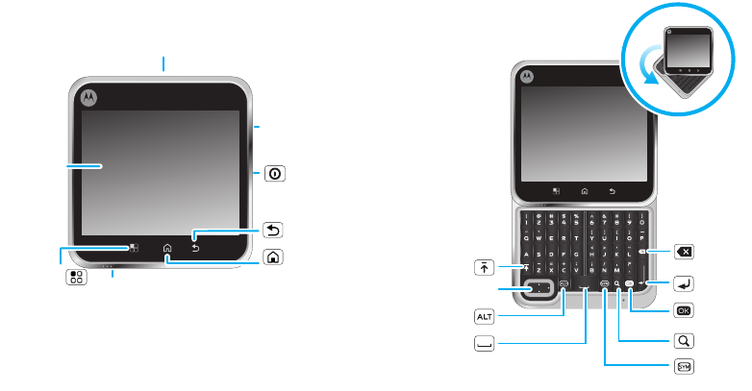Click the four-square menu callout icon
(x=76, y=278)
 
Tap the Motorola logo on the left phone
(x=89, y=96)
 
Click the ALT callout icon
(x=485, y=314)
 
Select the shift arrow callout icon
(x=485, y=265)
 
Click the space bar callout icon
(x=485, y=342)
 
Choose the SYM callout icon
(x=687, y=366)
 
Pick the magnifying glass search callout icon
(x=687, y=340)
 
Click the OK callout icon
(x=687, y=311)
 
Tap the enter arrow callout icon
(x=687, y=283)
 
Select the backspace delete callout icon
(x=687, y=252)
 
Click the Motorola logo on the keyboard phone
(x=527, y=76)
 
